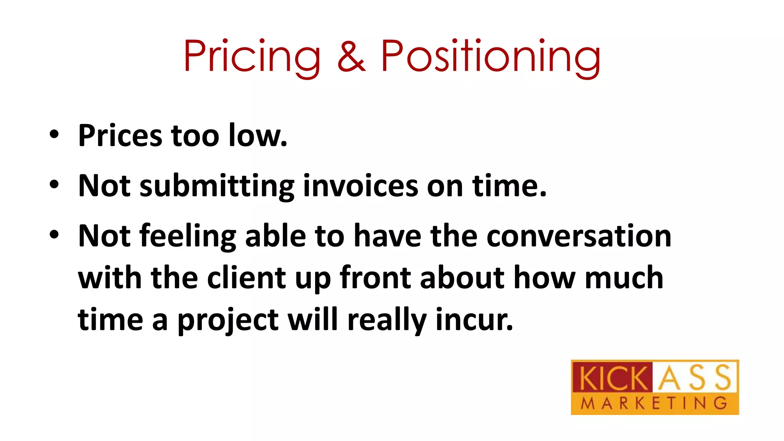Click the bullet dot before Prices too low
[54, 135]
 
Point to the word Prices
[120, 136]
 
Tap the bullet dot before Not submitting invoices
[54, 185]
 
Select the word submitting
[217, 186]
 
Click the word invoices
[361, 186]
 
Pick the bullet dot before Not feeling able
[54, 234]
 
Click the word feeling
[188, 237]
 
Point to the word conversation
[579, 236]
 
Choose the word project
[228, 320]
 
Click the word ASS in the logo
[695, 377]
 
